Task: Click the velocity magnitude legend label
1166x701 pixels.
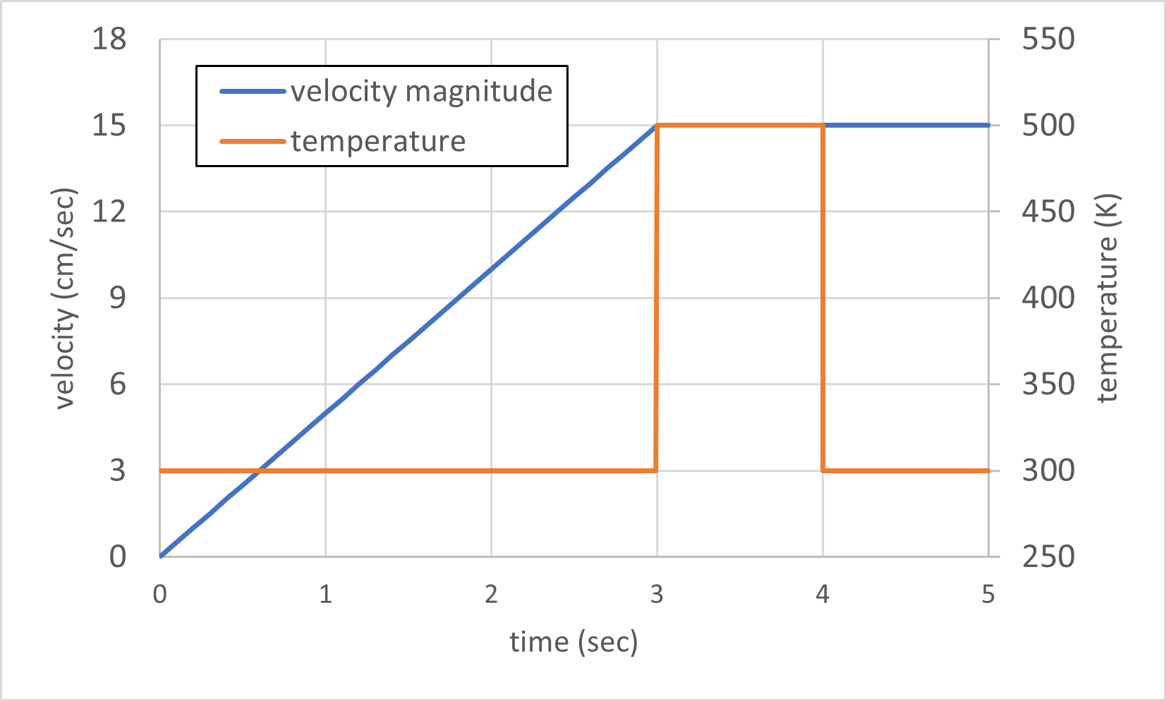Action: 421,92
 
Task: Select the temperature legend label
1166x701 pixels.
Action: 378,141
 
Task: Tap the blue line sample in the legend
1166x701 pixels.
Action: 253,92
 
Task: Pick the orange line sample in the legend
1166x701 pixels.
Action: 253,141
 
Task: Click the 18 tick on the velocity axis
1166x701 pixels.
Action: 109,39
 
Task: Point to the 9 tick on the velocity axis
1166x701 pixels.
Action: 117,298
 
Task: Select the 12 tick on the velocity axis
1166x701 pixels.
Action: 109,211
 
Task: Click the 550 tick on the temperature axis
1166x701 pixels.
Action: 1048,39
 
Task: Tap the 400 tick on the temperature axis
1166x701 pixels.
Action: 1048,298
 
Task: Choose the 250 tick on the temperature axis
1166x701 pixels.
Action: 1048,556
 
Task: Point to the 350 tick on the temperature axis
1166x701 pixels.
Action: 1048,384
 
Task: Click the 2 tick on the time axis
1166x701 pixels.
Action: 491,595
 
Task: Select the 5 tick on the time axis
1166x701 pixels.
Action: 988,595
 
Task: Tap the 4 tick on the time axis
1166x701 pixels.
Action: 822,595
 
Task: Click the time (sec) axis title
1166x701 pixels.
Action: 573,642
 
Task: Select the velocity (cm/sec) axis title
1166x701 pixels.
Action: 65,298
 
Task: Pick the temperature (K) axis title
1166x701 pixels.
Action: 1107,298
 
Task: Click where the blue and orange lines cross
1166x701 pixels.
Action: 260,470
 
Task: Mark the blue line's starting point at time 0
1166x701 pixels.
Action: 161,556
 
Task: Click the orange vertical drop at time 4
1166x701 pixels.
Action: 822,296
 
